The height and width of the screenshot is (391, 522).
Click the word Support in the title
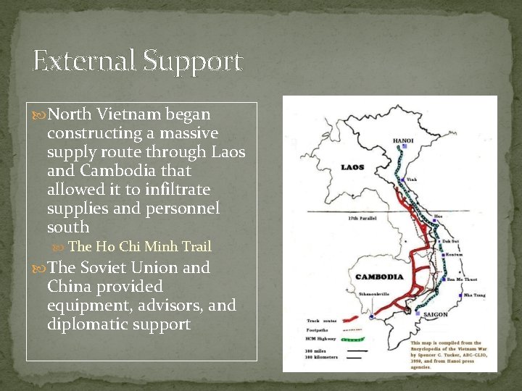[192, 62]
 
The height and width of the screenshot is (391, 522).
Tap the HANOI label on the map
[403, 140]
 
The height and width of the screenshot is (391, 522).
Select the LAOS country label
[352, 168]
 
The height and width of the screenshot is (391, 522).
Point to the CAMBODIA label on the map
[379, 277]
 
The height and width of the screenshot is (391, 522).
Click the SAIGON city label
[435, 314]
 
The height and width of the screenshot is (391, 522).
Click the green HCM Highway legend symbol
[351, 339]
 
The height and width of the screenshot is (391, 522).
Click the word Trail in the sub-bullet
[196, 247]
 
